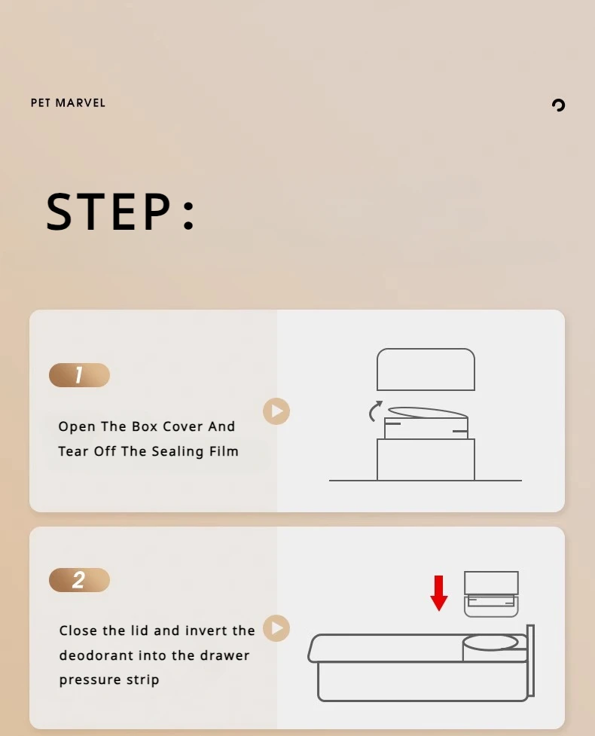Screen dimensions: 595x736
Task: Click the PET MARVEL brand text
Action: click(x=68, y=102)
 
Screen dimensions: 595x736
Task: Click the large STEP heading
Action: click(x=120, y=212)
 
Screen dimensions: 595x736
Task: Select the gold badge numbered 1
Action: click(x=79, y=375)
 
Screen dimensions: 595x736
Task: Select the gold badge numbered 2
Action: click(x=79, y=580)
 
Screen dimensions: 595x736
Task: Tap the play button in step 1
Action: click(x=276, y=411)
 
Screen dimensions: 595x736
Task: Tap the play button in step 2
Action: click(x=276, y=628)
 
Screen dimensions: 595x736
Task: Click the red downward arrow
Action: click(x=439, y=594)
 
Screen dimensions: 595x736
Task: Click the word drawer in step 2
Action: click(x=224, y=655)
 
